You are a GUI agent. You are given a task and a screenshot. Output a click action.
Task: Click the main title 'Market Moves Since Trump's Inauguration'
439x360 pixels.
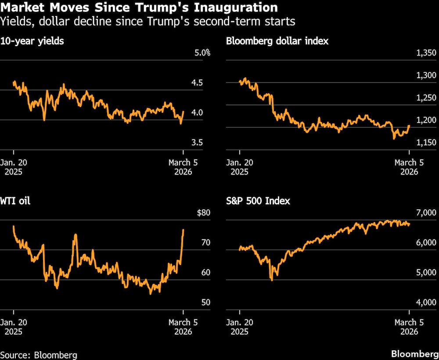coord(139,7)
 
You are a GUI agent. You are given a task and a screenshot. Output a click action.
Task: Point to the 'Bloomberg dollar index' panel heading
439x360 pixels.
coord(277,41)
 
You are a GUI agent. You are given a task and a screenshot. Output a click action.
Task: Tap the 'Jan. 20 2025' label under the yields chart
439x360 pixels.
coord(16,167)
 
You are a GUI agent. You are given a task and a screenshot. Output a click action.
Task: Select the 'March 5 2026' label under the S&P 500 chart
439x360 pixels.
coord(409,327)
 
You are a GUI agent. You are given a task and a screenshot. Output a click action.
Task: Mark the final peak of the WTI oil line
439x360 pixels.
coord(183,230)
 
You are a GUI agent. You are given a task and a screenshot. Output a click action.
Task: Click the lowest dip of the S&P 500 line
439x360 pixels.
coord(272,280)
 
